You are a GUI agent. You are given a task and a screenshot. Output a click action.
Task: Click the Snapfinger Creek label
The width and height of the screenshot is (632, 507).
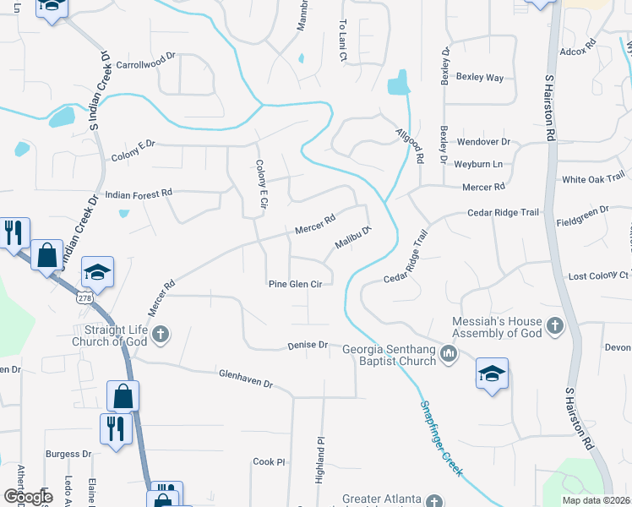pyautogui.click(x=441, y=439)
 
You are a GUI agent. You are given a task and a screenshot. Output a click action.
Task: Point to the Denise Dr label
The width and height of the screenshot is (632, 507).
pyautogui.click(x=307, y=345)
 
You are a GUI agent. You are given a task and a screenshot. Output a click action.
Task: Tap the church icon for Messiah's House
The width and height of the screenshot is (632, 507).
pyautogui.click(x=554, y=325)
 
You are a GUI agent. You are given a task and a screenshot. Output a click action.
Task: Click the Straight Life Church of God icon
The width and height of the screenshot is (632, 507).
pyautogui.click(x=161, y=335)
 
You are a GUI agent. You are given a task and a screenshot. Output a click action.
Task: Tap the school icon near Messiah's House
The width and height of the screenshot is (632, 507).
pyautogui.click(x=493, y=374)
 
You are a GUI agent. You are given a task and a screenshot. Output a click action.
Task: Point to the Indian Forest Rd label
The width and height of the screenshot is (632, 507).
pyautogui.click(x=138, y=194)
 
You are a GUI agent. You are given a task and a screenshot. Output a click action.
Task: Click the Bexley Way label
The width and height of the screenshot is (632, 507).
pyautogui.click(x=479, y=78)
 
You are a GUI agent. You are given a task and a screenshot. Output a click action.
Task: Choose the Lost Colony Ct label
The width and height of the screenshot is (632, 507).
pyautogui.click(x=598, y=276)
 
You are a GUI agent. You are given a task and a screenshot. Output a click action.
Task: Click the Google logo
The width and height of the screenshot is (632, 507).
pyautogui.click(x=28, y=496)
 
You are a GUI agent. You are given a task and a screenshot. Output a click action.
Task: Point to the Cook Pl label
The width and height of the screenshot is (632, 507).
pyautogui.click(x=270, y=462)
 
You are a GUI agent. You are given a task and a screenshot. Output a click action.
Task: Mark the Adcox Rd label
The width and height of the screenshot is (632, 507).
pyautogui.click(x=578, y=46)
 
